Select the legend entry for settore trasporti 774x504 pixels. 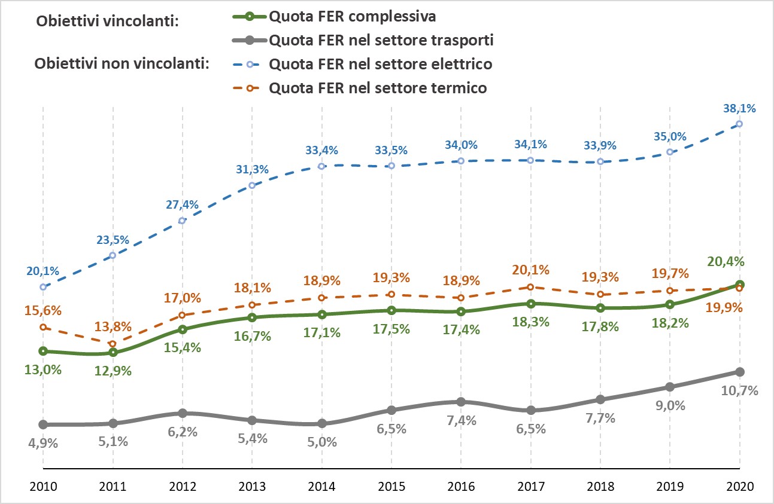[381, 41]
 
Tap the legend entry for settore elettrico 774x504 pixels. [381, 63]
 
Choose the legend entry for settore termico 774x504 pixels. [378, 88]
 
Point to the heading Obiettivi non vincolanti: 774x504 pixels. [122, 63]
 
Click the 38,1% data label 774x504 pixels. [739, 109]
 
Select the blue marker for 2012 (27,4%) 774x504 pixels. [182, 221]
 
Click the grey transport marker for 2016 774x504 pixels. [460, 402]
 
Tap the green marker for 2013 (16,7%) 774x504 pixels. [252, 317]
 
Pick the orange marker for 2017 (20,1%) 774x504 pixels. [530, 287]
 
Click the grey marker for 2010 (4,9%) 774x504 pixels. [43, 424]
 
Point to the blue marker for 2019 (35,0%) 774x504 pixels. [670, 152]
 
